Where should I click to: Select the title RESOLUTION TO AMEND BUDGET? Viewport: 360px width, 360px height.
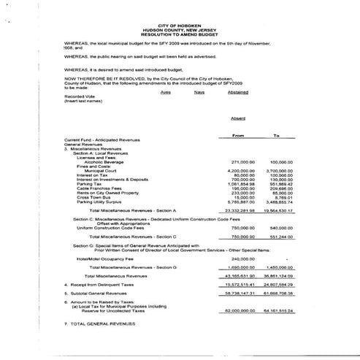(x=183, y=34)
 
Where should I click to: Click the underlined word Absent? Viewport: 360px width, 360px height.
(x=238, y=118)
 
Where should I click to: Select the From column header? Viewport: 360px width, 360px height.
(x=238, y=135)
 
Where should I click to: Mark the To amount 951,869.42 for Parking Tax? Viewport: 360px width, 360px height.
(x=280, y=183)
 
